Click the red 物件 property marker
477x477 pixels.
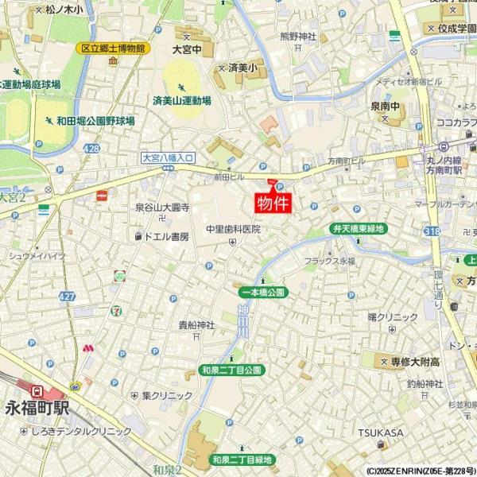click(x=272, y=202)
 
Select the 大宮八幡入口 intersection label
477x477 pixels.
click(x=169, y=158)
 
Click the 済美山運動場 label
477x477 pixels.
click(x=182, y=101)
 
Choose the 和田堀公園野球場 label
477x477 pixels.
click(x=95, y=121)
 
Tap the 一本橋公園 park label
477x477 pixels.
click(x=262, y=293)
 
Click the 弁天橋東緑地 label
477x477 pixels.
click(x=357, y=229)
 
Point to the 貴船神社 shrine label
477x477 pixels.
click(x=196, y=324)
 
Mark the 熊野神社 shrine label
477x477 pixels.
click(x=298, y=36)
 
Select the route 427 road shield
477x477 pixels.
click(x=67, y=296)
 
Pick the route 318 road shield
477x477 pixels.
click(x=431, y=231)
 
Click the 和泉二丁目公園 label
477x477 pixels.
click(x=231, y=370)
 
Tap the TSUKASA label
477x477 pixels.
click(x=380, y=432)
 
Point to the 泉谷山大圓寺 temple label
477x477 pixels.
click(x=162, y=207)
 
